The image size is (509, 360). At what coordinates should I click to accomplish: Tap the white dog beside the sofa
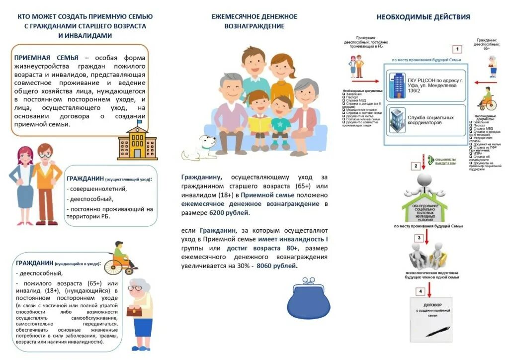[200, 148]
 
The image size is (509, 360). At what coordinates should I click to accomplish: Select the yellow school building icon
[137, 141]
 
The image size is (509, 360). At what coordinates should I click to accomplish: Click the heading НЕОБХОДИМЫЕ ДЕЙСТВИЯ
[423, 17]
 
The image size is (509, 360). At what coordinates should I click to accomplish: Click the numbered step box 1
[456, 49]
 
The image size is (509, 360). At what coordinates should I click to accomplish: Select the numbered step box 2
[416, 166]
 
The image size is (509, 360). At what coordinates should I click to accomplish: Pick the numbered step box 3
[419, 238]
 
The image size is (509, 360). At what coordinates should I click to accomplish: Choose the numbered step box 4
[420, 291]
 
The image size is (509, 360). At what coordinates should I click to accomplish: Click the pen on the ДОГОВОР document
[437, 331]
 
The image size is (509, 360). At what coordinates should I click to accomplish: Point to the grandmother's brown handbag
[134, 311]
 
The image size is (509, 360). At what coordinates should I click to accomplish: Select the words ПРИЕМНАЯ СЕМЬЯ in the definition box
[46, 58]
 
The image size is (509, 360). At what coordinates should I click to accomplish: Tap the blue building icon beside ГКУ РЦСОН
[398, 85]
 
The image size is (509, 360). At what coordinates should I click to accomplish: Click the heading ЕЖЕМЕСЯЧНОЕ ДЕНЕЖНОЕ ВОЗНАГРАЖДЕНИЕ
[254, 21]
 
